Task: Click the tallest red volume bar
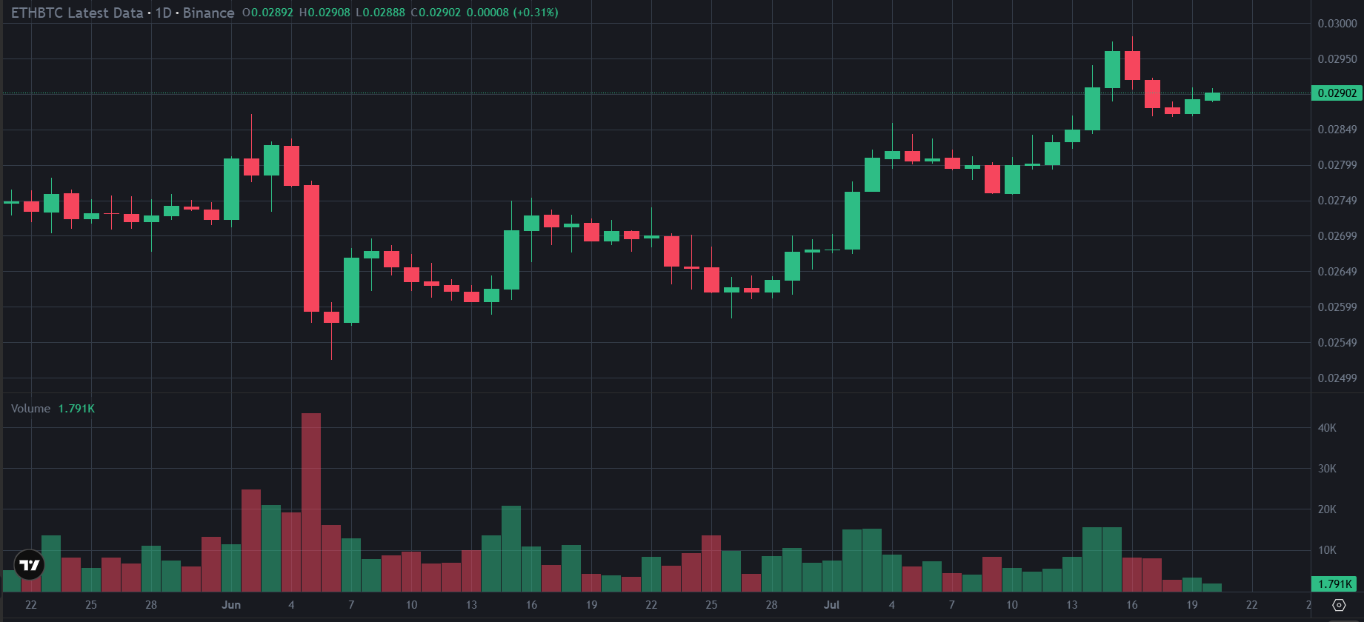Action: coord(311,502)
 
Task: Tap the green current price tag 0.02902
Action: coord(1337,93)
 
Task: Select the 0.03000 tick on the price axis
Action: coord(1337,24)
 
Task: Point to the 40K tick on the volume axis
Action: coord(1327,428)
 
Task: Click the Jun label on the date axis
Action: coord(231,605)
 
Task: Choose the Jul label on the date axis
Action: coord(831,605)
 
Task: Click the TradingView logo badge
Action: coord(29,566)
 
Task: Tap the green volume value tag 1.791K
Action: coord(1335,584)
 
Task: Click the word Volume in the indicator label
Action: coord(31,409)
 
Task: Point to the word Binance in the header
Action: coord(209,13)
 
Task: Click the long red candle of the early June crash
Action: coord(311,248)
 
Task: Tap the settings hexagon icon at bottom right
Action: coord(1339,605)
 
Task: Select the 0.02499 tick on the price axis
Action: coord(1337,378)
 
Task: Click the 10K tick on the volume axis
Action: coord(1327,550)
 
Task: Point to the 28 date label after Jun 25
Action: coord(771,605)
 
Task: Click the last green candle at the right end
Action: coord(1212,96)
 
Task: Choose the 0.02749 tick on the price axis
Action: coord(1337,201)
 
